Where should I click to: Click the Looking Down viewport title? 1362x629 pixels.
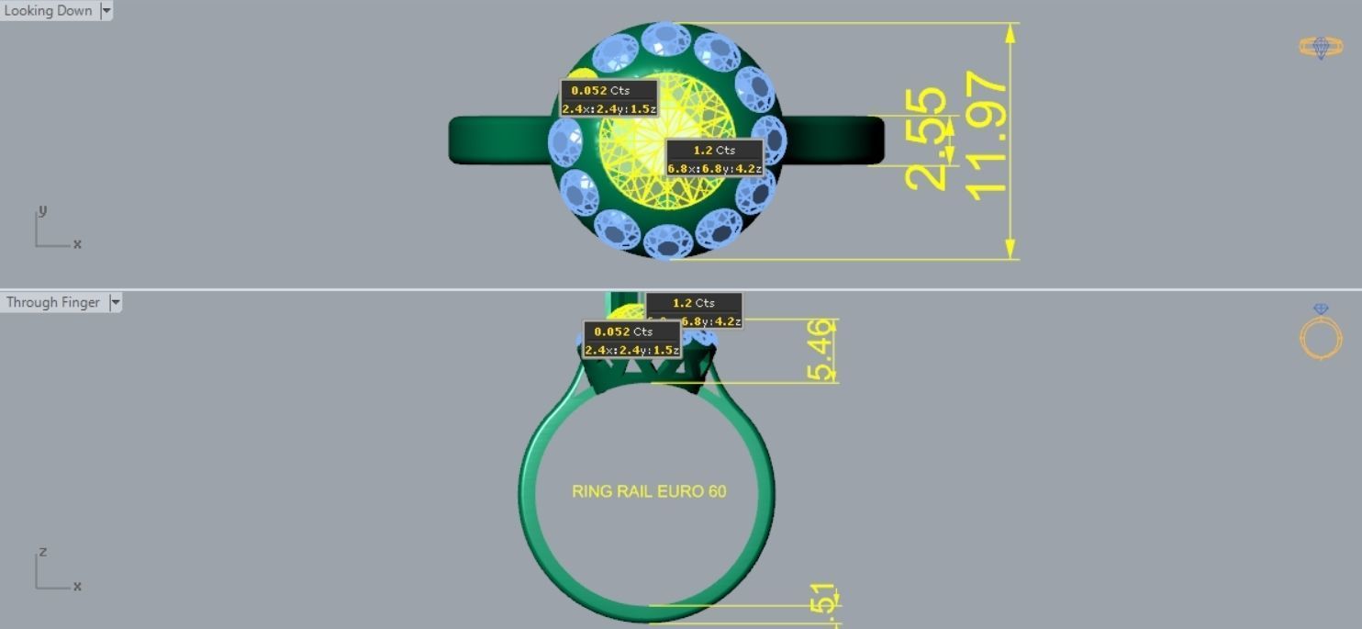(48, 11)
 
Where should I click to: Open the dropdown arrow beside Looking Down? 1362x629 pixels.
(106, 11)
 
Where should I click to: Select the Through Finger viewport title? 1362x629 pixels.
(52, 302)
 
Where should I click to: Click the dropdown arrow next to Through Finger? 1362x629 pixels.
(116, 302)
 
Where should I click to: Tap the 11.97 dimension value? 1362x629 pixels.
(987, 136)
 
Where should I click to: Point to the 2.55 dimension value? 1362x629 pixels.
(925, 139)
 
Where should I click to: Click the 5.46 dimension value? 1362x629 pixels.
(822, 350)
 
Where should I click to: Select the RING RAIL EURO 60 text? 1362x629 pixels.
(649, 491)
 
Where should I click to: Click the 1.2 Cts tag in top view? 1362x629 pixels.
(714, 150)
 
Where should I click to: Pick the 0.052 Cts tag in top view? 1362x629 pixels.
(609, 90)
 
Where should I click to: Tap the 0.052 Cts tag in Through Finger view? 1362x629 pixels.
(632, 331)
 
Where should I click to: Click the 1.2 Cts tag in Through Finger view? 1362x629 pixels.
(694, 303)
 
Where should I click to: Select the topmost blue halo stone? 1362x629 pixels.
(666, 39)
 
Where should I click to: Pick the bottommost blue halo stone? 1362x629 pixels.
(667, 241)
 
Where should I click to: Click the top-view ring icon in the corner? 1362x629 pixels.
(1320, 47)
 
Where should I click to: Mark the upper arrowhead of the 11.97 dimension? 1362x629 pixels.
(1010, 33)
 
